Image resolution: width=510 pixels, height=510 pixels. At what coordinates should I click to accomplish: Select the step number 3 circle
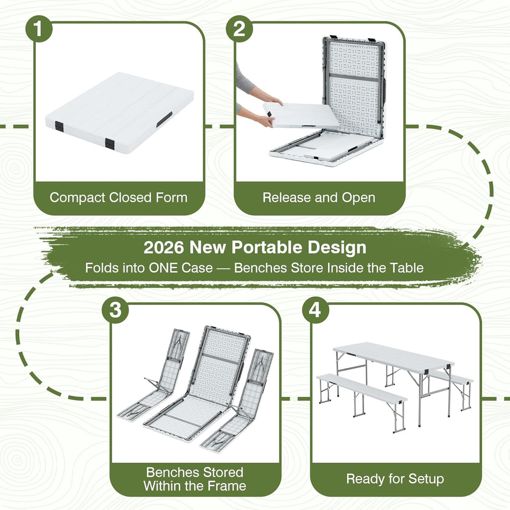115,310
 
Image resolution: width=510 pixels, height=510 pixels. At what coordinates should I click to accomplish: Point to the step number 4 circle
315,310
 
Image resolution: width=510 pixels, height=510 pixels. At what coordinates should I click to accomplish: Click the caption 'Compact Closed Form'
119,198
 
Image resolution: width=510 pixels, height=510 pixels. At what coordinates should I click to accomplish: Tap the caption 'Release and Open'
319,198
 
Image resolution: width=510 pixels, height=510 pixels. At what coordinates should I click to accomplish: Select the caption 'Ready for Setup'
395,479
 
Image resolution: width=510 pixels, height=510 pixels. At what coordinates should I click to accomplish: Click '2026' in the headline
163,247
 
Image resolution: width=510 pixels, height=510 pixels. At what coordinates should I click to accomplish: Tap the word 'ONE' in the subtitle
163,268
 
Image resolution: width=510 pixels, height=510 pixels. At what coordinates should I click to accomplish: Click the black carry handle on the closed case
164,119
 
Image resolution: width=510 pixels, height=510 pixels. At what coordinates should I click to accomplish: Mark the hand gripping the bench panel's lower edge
266,122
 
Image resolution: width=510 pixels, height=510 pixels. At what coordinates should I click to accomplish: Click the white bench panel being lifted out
301,116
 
